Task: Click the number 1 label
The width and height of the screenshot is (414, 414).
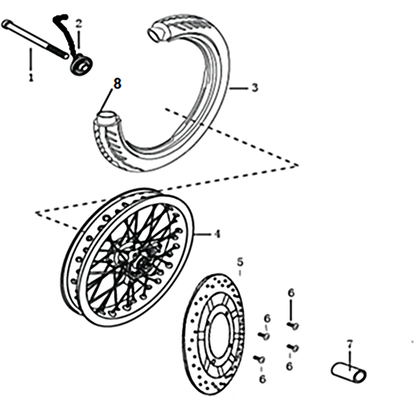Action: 31,77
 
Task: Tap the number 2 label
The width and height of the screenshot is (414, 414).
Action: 79,24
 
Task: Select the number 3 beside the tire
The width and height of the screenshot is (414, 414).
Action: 255,87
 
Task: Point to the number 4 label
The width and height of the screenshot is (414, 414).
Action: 217,234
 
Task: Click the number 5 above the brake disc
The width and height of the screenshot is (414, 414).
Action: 240,262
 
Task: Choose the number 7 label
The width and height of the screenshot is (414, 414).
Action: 350,344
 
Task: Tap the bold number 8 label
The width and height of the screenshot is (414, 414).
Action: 117,83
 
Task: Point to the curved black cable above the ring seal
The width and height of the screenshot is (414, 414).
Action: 65,34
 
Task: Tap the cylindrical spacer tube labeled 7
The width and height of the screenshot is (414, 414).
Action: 348,373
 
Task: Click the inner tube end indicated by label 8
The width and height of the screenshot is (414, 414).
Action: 107,118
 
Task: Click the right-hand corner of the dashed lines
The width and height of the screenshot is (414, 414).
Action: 298,165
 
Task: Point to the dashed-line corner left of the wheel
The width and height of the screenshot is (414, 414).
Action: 37,212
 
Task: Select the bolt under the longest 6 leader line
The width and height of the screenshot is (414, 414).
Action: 293,326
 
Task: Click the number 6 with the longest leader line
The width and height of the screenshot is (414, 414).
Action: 291,293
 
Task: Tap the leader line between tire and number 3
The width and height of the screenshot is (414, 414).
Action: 239,88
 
